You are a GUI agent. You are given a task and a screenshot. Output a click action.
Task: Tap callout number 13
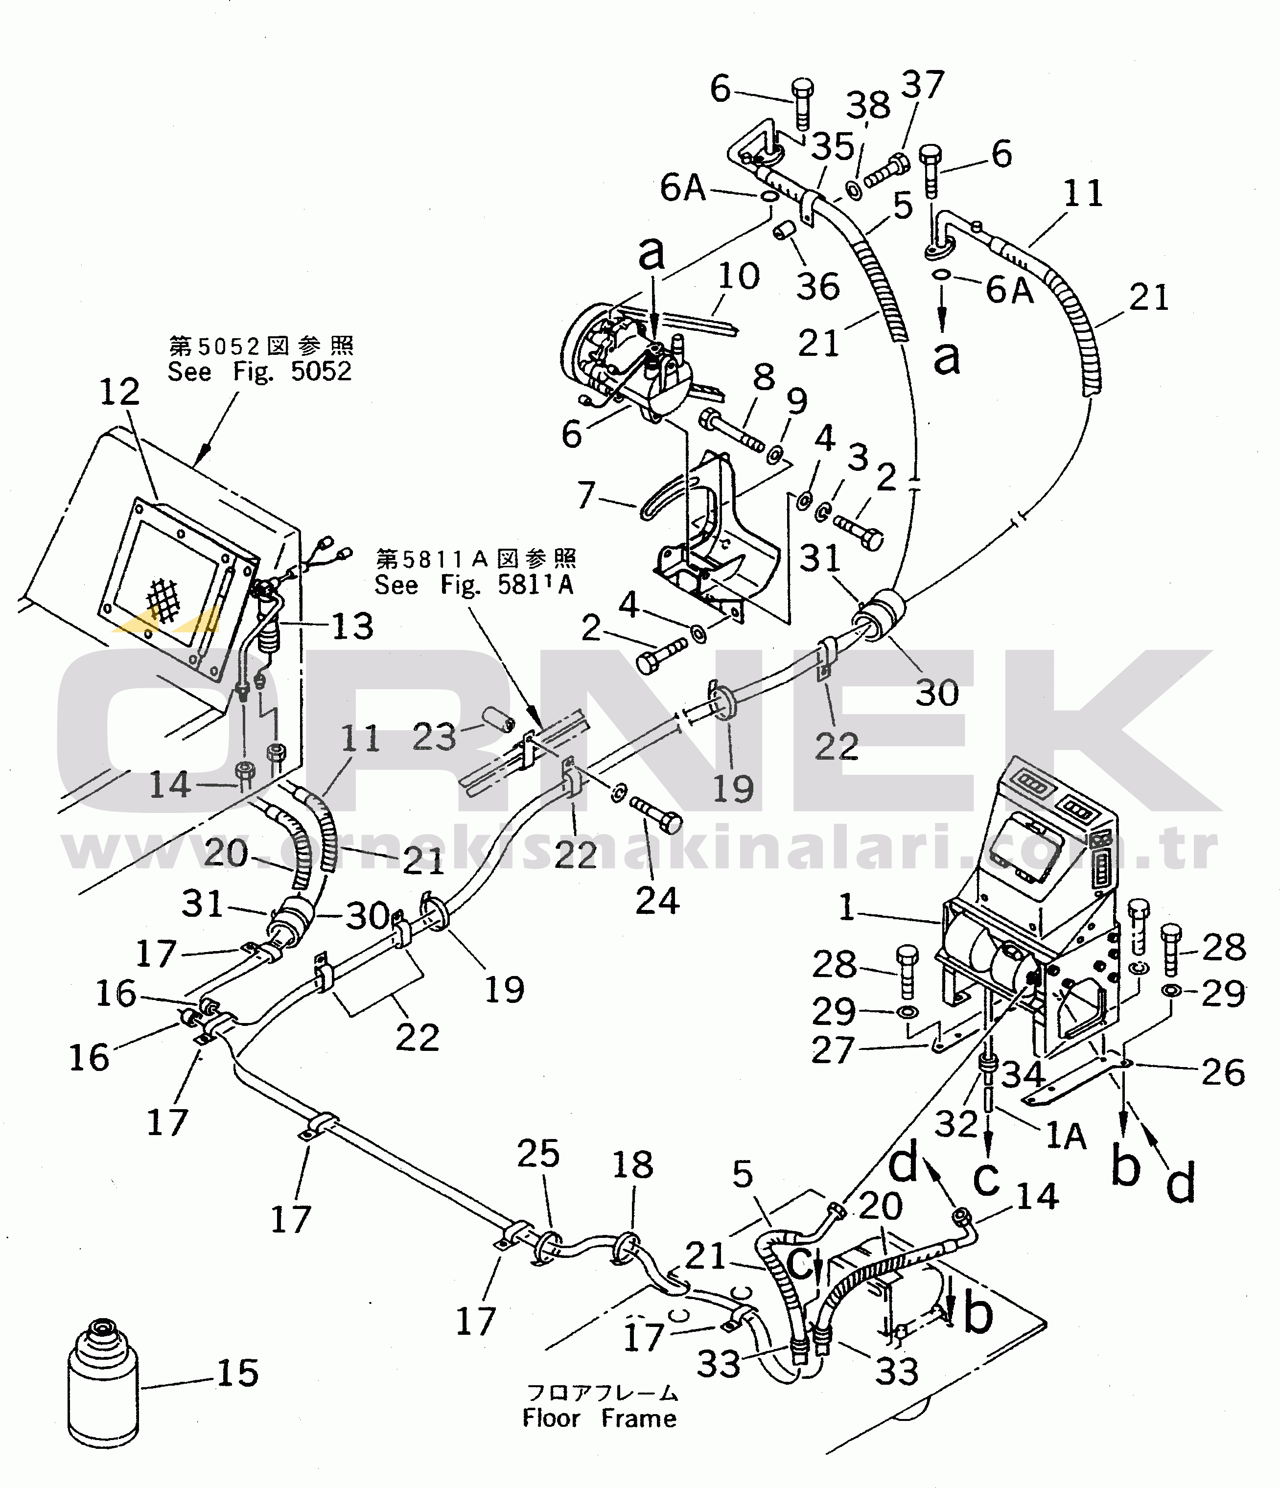352,627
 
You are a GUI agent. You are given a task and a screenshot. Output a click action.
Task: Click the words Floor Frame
600,1418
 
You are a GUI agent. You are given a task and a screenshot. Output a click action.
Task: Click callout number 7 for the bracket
587,495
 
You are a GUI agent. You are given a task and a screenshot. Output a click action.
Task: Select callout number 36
818,286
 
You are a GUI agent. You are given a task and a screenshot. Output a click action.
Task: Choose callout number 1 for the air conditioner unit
847,908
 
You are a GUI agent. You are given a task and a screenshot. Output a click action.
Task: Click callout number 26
1223,1072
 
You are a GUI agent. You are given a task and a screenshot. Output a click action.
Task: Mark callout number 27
833,1050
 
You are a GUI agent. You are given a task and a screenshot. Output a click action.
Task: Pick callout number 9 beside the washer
796,402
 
